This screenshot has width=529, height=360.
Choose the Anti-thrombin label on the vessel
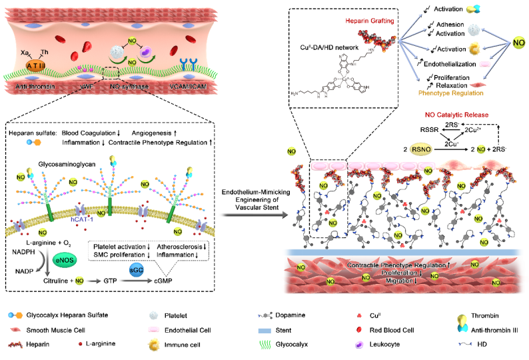tap(32, 88)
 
